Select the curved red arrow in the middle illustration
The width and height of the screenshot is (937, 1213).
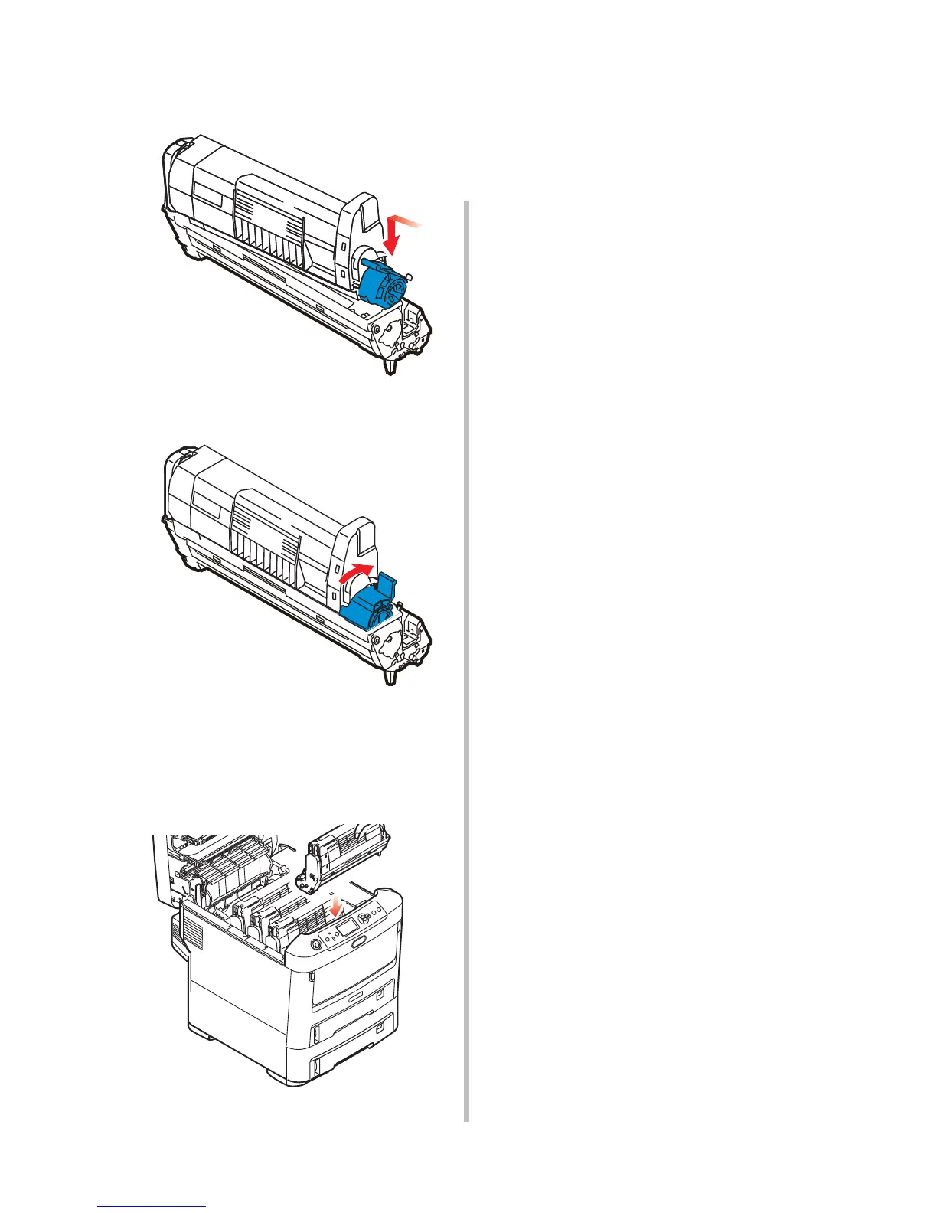click(357, 572)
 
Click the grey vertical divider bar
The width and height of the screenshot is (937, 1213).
click(465, 659)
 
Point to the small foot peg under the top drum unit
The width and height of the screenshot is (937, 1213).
click(390, 367)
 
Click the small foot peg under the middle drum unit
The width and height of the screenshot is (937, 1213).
click(390, 678)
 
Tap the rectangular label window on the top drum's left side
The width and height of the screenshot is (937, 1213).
click(207, 197)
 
